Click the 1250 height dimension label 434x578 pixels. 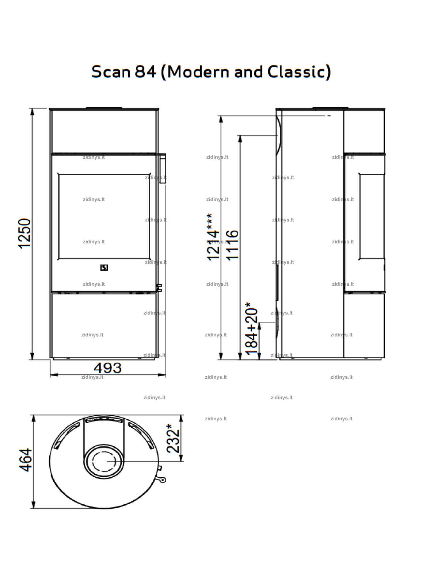click(24, 233)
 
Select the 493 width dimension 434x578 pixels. click(108, 368)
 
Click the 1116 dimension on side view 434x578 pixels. click(232, 245)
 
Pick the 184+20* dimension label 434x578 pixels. click(251, 329)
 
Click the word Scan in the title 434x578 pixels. click(111, 72)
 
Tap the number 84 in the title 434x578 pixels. click(145, 72)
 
